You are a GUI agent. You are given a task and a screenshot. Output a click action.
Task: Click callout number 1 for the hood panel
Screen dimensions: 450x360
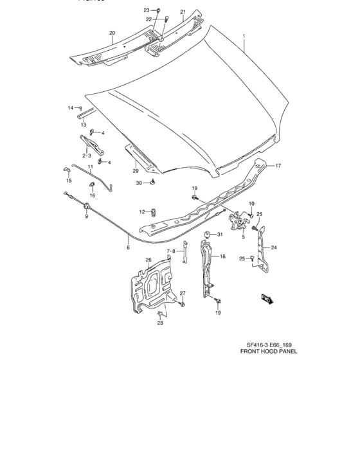[244, 37]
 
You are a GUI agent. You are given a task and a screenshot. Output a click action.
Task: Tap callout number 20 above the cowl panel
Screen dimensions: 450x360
[112, 33]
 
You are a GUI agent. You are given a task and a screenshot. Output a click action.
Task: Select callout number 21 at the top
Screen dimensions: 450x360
[183, 12]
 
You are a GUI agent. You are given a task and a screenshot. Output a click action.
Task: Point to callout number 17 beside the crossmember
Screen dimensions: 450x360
[279, 166]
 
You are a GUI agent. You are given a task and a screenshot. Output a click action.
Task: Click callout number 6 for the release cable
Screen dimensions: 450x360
[128, 247]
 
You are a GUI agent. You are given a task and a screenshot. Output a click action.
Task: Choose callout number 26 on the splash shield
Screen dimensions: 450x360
[148, 260]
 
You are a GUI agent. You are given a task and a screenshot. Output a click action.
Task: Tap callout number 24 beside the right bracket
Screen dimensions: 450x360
[273, 247]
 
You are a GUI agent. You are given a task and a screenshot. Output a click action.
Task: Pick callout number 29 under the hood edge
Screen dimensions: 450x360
[136, 170]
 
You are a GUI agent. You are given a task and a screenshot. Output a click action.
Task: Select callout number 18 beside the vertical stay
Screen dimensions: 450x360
[222, 256]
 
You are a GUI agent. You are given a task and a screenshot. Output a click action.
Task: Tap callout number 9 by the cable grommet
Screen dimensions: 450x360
[85, 216]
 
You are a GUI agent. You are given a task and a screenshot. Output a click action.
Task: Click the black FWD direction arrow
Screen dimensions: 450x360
[267, 298]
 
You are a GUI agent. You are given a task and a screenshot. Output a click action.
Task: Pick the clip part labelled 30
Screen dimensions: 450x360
[152, 183]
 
